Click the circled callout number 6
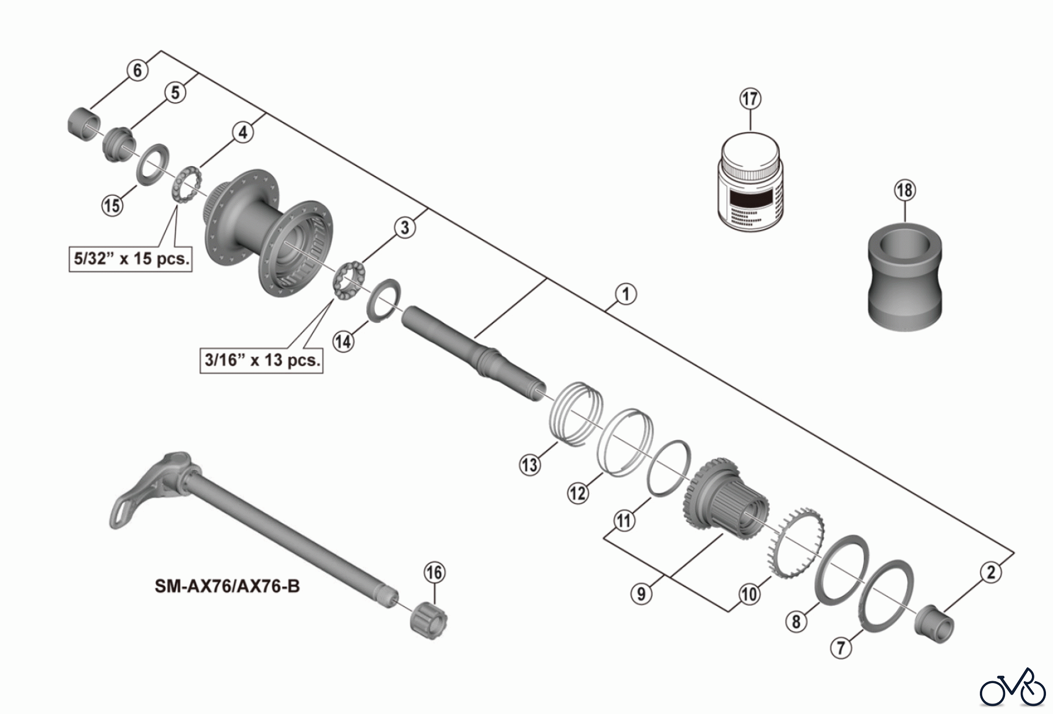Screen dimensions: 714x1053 coord(137,70)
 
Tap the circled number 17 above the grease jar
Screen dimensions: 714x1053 coord(750,98)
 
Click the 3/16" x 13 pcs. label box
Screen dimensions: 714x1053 coord(262,360)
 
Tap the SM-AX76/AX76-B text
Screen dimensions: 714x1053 coord(227,585)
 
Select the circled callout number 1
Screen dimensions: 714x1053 coord(625,294)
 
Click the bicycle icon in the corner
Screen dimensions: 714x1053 coord(1013,690)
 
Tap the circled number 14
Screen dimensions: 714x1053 coord(343,341)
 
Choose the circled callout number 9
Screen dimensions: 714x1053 coord(641,594)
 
